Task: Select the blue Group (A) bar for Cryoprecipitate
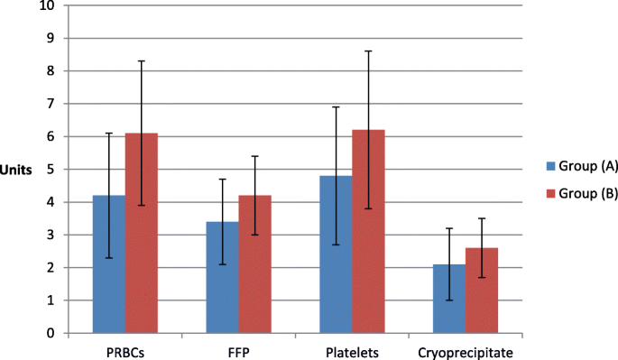click(x=448, y=299)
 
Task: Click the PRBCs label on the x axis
click(x=125, y=348)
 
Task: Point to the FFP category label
click(x=238, y=348)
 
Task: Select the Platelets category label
click(x=352, y=348)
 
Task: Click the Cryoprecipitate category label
click(x=466, y=348)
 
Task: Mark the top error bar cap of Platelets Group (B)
click(x=368, y=51)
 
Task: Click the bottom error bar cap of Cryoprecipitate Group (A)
click(x=448, y=300)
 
